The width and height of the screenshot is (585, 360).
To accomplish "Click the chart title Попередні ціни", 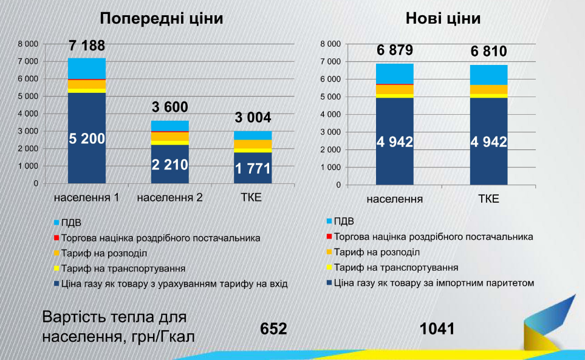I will [162, 18].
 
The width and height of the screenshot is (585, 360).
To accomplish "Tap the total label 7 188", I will [86, 46].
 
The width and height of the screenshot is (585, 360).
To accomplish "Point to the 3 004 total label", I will [252, 118].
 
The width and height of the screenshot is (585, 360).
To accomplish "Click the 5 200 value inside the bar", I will [87, 138].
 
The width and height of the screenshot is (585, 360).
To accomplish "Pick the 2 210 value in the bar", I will [170, 164].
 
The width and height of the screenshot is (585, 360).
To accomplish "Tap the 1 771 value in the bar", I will [252, 169].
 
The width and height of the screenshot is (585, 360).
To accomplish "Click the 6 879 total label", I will [394, 51].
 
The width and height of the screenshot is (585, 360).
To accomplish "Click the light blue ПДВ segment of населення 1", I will [87, 68].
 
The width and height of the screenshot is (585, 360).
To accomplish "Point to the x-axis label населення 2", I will [170, 198].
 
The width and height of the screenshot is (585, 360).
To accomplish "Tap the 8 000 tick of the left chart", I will [28, 44].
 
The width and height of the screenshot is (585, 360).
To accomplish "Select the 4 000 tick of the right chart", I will [330, 114].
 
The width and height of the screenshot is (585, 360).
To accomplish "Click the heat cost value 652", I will [273, 328].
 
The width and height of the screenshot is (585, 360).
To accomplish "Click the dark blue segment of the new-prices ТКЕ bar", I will [488, 140].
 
